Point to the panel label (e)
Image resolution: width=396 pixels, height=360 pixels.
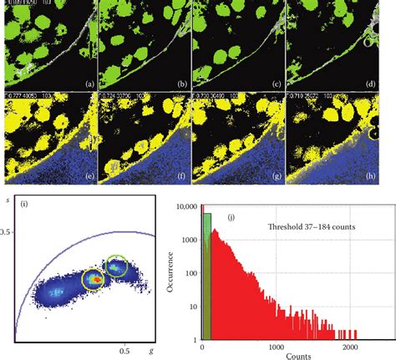81,178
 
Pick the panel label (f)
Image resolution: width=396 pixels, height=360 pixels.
175,178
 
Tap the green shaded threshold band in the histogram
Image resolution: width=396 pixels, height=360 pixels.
207,276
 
